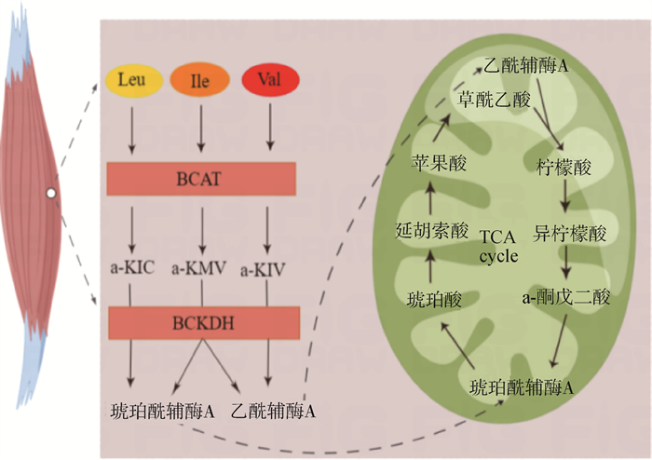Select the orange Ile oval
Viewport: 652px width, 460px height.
click(x=199, y=81)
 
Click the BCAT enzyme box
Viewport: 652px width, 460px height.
click(x=202, y=177)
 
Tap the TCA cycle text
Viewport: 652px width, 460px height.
click(x=503, y=247)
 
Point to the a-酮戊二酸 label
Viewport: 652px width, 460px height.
click(x=565, y=299)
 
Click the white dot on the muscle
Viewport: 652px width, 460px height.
click(x=52, y=194)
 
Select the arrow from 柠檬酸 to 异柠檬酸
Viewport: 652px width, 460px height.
click(x=564, y=200)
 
